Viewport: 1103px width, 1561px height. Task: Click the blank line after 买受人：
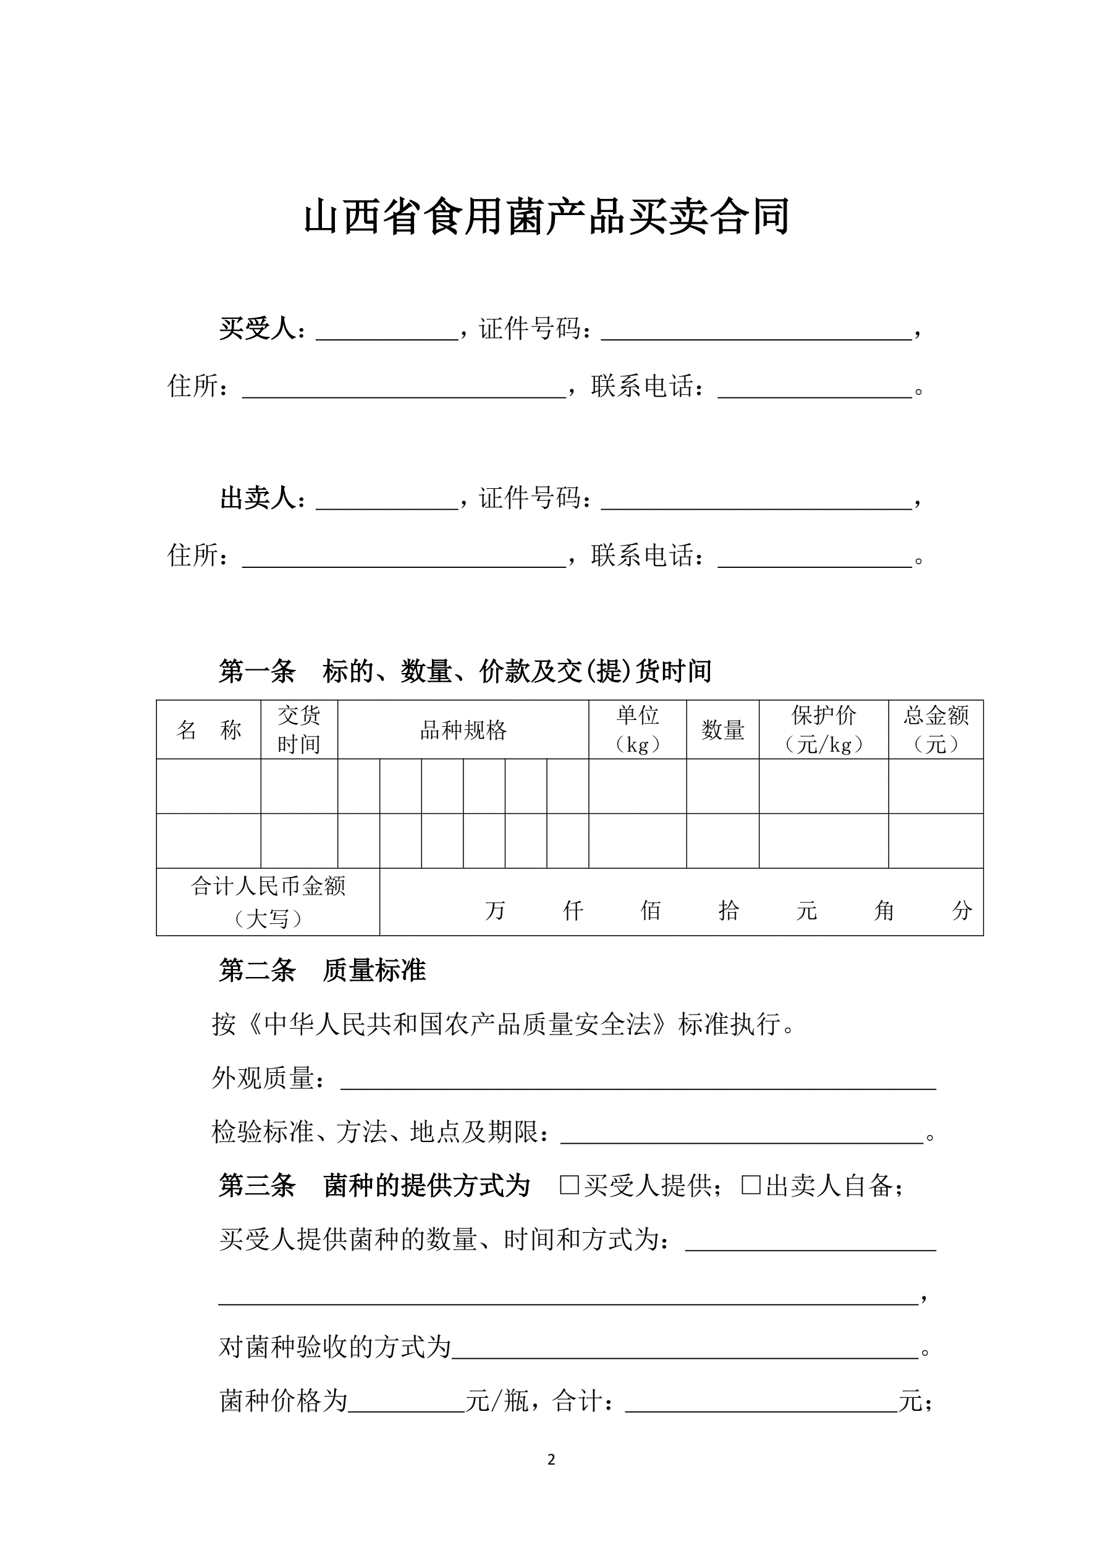coord(387,331)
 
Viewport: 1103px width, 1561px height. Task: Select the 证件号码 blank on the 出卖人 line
coord(756,501)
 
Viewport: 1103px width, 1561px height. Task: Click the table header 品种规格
coord(463,730)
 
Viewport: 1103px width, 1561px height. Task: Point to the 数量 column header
coord(722,730)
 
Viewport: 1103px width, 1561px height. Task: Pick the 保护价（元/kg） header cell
coord(824,730)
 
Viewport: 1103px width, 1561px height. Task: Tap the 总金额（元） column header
coord(936,730)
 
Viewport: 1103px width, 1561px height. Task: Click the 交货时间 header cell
coord(298,730)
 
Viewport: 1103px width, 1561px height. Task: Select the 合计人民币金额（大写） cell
coord(268,902)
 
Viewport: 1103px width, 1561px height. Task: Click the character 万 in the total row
coord(495,910)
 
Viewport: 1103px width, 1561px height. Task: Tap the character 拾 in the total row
coord(729,910)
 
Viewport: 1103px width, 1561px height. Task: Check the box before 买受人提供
coord(568,1185)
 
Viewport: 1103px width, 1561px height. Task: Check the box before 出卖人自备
coord(750,1185)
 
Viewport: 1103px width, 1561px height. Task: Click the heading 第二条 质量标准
coord(322,971)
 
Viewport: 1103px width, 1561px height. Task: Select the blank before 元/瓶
coord(406,1403)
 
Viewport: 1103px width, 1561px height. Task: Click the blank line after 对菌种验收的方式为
coord(685,1349)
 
